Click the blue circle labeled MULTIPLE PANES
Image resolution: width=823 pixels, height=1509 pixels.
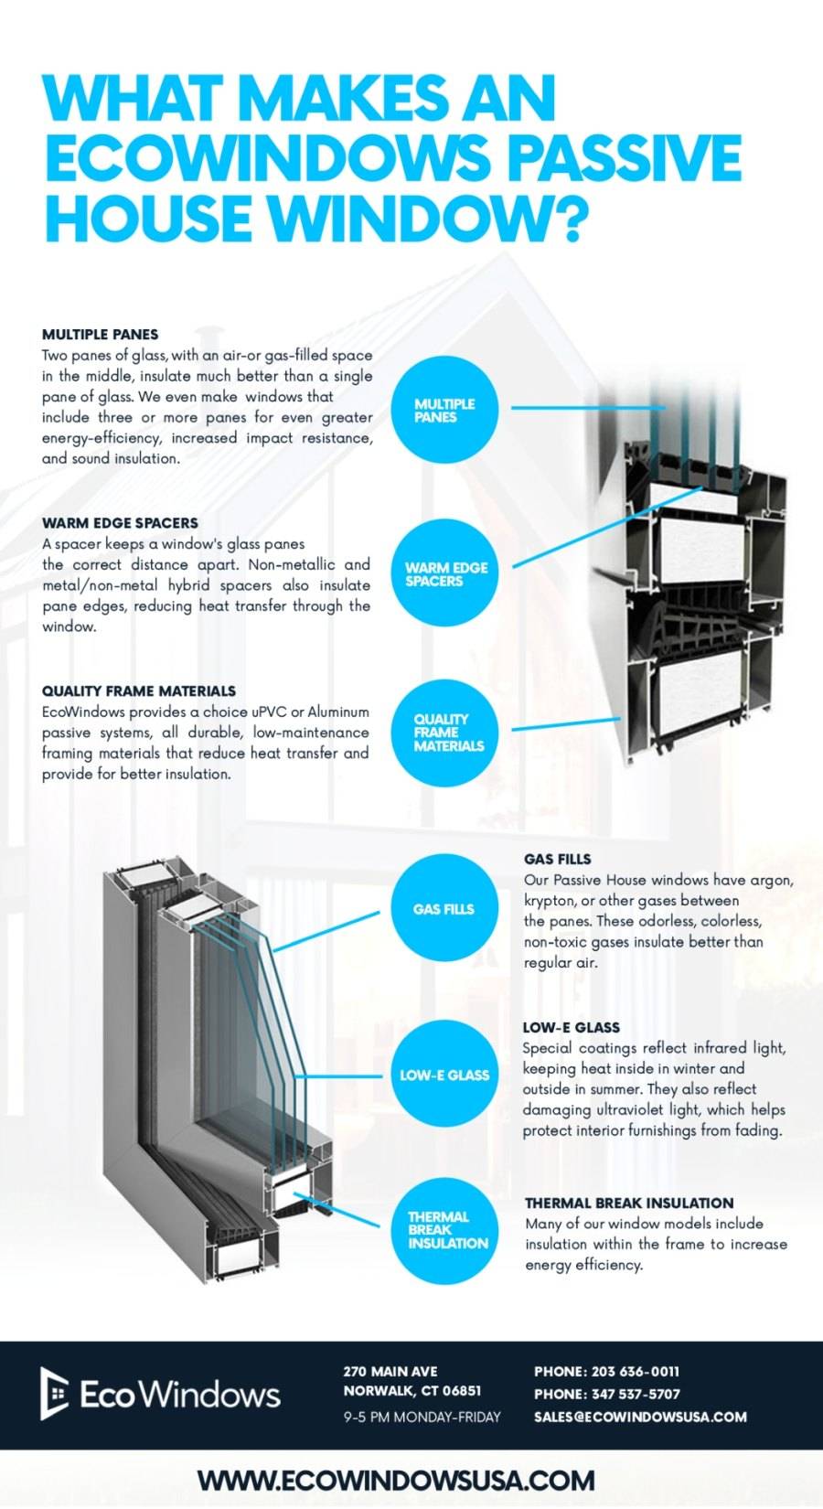point(444,411)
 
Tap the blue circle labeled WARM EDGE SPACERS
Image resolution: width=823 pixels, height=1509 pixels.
point(444,573)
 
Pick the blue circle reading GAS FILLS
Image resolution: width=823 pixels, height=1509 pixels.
point(444,908)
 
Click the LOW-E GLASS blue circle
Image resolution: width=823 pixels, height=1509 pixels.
point(444,1075)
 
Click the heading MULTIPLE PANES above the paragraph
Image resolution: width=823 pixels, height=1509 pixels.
point(100,335)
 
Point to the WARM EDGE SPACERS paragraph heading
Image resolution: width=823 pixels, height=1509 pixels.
point(120,523)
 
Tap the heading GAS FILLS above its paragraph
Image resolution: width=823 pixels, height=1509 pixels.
point(557,859)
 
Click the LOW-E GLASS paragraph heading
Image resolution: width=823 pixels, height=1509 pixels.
point(571,1027)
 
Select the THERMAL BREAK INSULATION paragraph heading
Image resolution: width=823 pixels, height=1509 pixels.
point(629,1203)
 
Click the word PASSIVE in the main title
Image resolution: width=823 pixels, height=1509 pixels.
point(624,157)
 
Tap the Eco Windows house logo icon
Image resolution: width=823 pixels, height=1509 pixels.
point(54,1393)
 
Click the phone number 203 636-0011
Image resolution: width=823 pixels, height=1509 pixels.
point(635,1371)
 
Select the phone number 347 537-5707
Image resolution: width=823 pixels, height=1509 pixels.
point(635,1394)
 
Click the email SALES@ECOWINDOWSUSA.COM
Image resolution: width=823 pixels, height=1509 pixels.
point(640,1417)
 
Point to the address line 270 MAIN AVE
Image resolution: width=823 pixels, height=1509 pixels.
point(390,1371)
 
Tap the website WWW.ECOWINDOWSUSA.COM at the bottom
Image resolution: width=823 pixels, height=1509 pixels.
point(396,1480)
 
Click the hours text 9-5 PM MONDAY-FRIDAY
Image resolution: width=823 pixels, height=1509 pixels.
point(422,1417)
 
